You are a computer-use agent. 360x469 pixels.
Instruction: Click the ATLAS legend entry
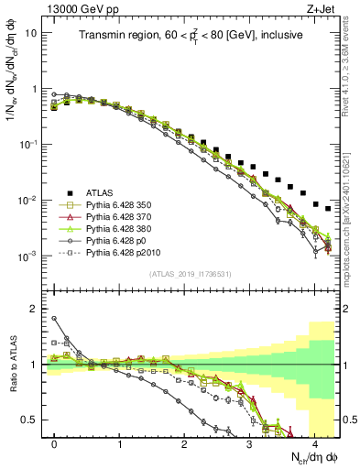click(x=100, y=192)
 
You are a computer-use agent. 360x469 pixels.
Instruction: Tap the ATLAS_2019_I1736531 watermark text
click(x=190, y=274)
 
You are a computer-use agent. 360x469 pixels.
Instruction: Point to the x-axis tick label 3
click(x=250, y=442)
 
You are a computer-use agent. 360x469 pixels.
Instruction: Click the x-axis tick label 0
click(x=55, y=442)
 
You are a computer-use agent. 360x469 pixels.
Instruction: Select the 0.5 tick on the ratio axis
click(x=31, y=420)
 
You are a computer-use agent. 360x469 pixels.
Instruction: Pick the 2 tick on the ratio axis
click(x=34, y=309)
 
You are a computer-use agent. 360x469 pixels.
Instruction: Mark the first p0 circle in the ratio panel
click(x=55, y=319)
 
